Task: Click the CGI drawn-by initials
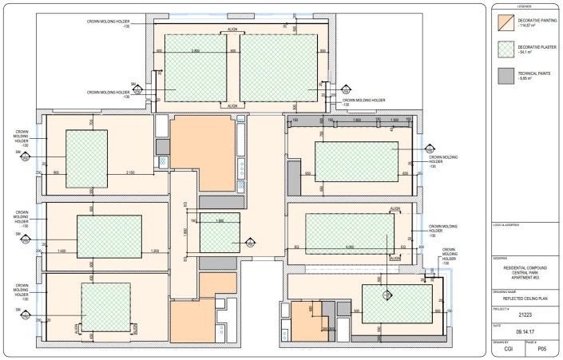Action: [507, 350]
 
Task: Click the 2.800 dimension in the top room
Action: [196, 52]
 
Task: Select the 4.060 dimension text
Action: [349, 247]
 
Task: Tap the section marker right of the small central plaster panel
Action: [249, 242]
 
